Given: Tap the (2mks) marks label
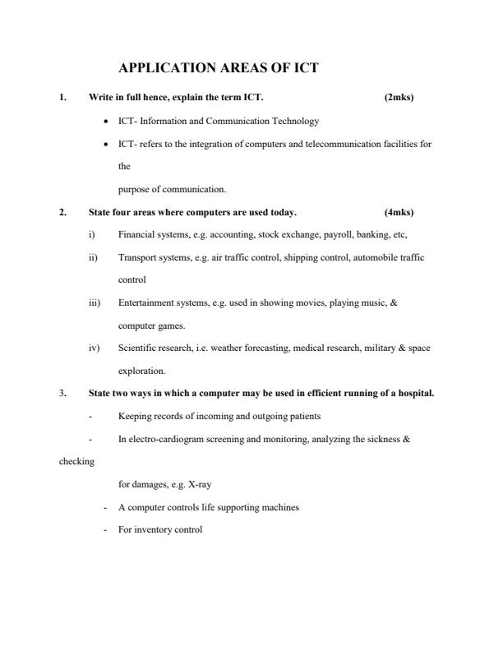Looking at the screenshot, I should coord(399,98).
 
